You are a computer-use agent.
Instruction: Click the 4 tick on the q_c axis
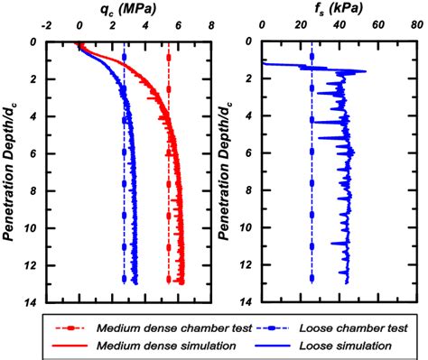145,27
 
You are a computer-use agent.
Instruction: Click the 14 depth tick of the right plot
249,302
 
